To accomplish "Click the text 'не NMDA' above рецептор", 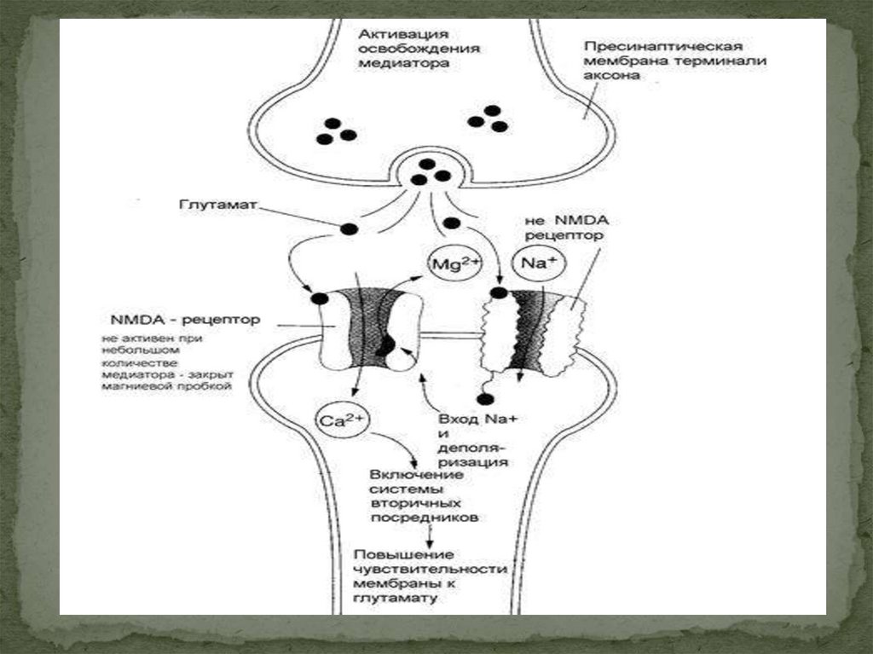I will coord(560,219).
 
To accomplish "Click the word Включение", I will coord(414,474).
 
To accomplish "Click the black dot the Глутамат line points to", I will coord(349,229).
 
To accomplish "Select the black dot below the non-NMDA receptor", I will coord(485,399).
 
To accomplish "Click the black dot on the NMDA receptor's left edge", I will coord(319,298).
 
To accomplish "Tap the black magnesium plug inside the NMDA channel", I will coord(386,345).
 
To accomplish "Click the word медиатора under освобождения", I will coord(404,62).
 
